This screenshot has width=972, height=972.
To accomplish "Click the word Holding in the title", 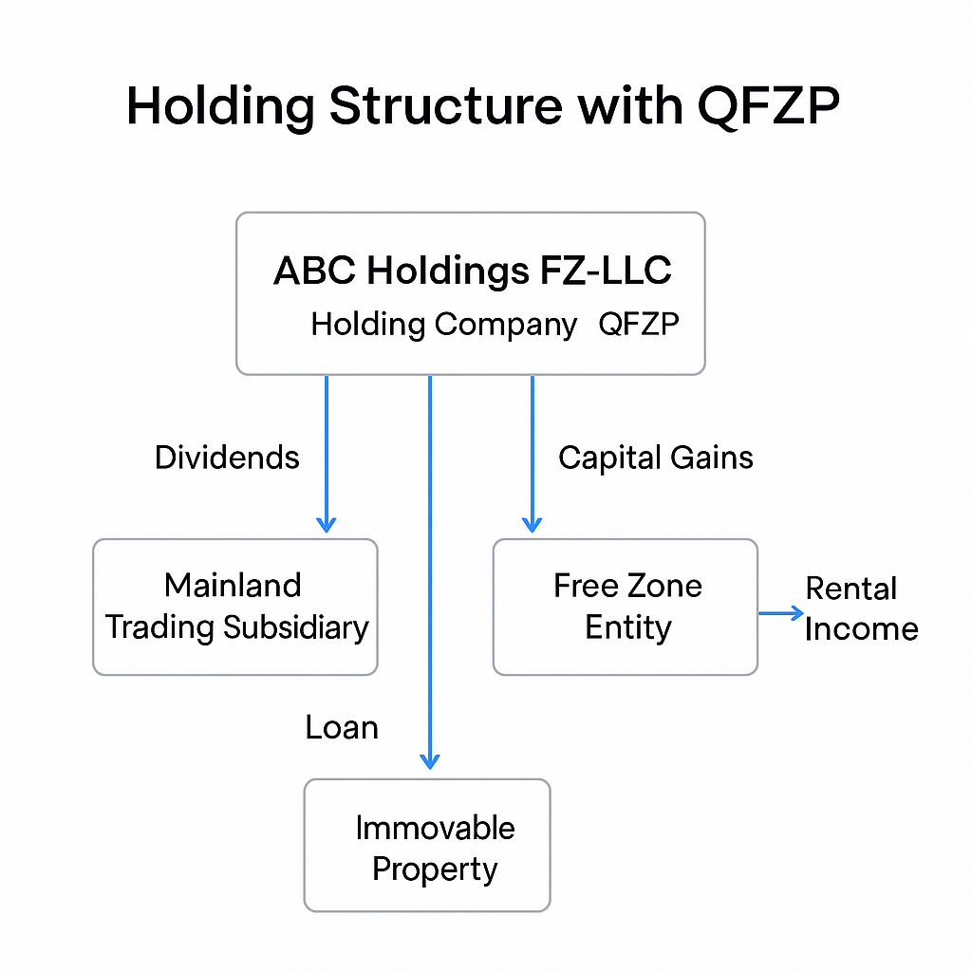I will [220, 107].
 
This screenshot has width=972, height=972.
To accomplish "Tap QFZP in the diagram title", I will [769, 107].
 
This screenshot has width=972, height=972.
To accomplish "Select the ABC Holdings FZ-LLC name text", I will [472, 271].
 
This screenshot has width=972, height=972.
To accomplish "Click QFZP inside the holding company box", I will [639, 325].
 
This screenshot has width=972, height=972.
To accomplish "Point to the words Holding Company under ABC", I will [443, 325].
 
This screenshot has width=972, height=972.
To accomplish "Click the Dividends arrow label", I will [227, 458].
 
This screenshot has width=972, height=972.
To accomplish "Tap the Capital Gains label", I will [655, 458].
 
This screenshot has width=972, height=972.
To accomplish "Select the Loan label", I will [342, 728].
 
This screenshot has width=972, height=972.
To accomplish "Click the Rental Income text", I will [861, 608].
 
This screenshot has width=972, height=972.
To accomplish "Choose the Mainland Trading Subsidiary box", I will [234, 607].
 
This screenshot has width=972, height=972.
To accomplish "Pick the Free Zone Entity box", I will [626, 607].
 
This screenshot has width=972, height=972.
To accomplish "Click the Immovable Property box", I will [426, 845].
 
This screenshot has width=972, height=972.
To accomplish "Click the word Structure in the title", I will [446, 107].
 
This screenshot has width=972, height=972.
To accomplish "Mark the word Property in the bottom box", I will [435, 869].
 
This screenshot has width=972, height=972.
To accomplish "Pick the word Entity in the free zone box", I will [627, 627].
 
